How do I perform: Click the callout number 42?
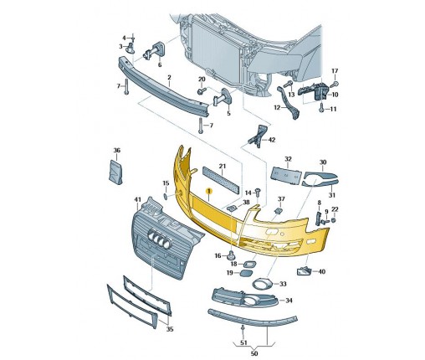point(271,140)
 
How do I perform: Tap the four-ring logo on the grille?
point(159,239)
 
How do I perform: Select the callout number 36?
point(117,150)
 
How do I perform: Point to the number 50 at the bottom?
point(254,353)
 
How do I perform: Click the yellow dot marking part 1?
point(209,191)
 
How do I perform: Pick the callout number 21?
point(222,166)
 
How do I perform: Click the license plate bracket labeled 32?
point(287,176)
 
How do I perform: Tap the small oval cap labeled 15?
point(166,197)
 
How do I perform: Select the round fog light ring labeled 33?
point(262,285)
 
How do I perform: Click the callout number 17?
point(335,71)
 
